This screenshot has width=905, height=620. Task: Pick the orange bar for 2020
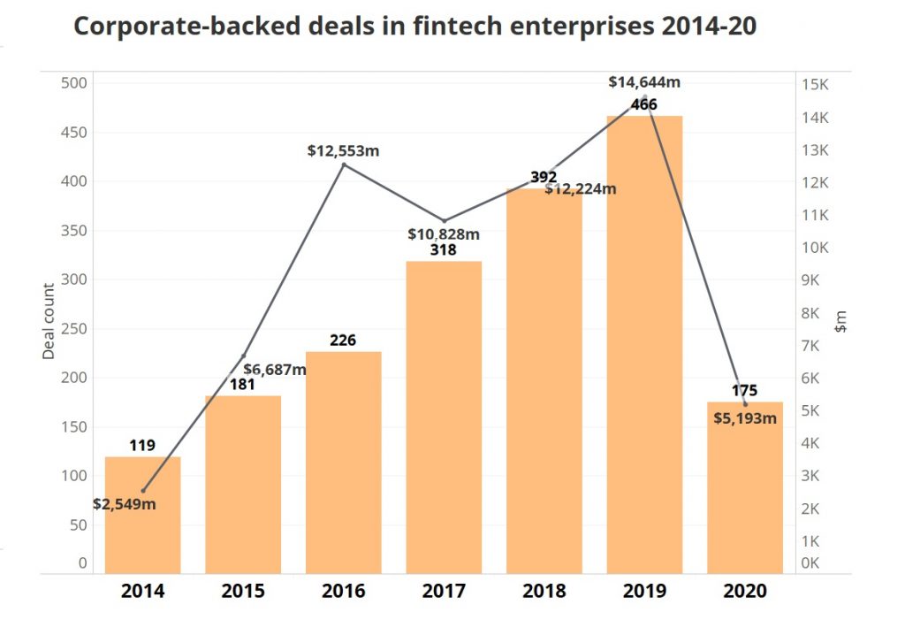[x=745, y=495]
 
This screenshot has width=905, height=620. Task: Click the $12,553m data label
[x=344, y=150]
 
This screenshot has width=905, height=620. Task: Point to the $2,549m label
[x=125, y=504]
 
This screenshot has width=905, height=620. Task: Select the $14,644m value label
[x=644, y=82]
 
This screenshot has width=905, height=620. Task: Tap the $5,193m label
[x=745, y=418]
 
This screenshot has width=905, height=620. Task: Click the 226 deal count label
[x=344, y=340]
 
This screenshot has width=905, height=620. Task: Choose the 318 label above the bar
[x=444, y=249]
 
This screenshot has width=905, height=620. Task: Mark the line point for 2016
[x=344, y=165]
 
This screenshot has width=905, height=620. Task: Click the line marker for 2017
[x=444, y=220]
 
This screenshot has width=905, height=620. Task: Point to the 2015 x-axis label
[x=243, y=591]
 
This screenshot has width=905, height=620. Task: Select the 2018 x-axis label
[x=544, y=591]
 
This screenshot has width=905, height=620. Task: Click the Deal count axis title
[x=49, y=320]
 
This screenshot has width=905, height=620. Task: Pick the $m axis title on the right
[x=841, y=320]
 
